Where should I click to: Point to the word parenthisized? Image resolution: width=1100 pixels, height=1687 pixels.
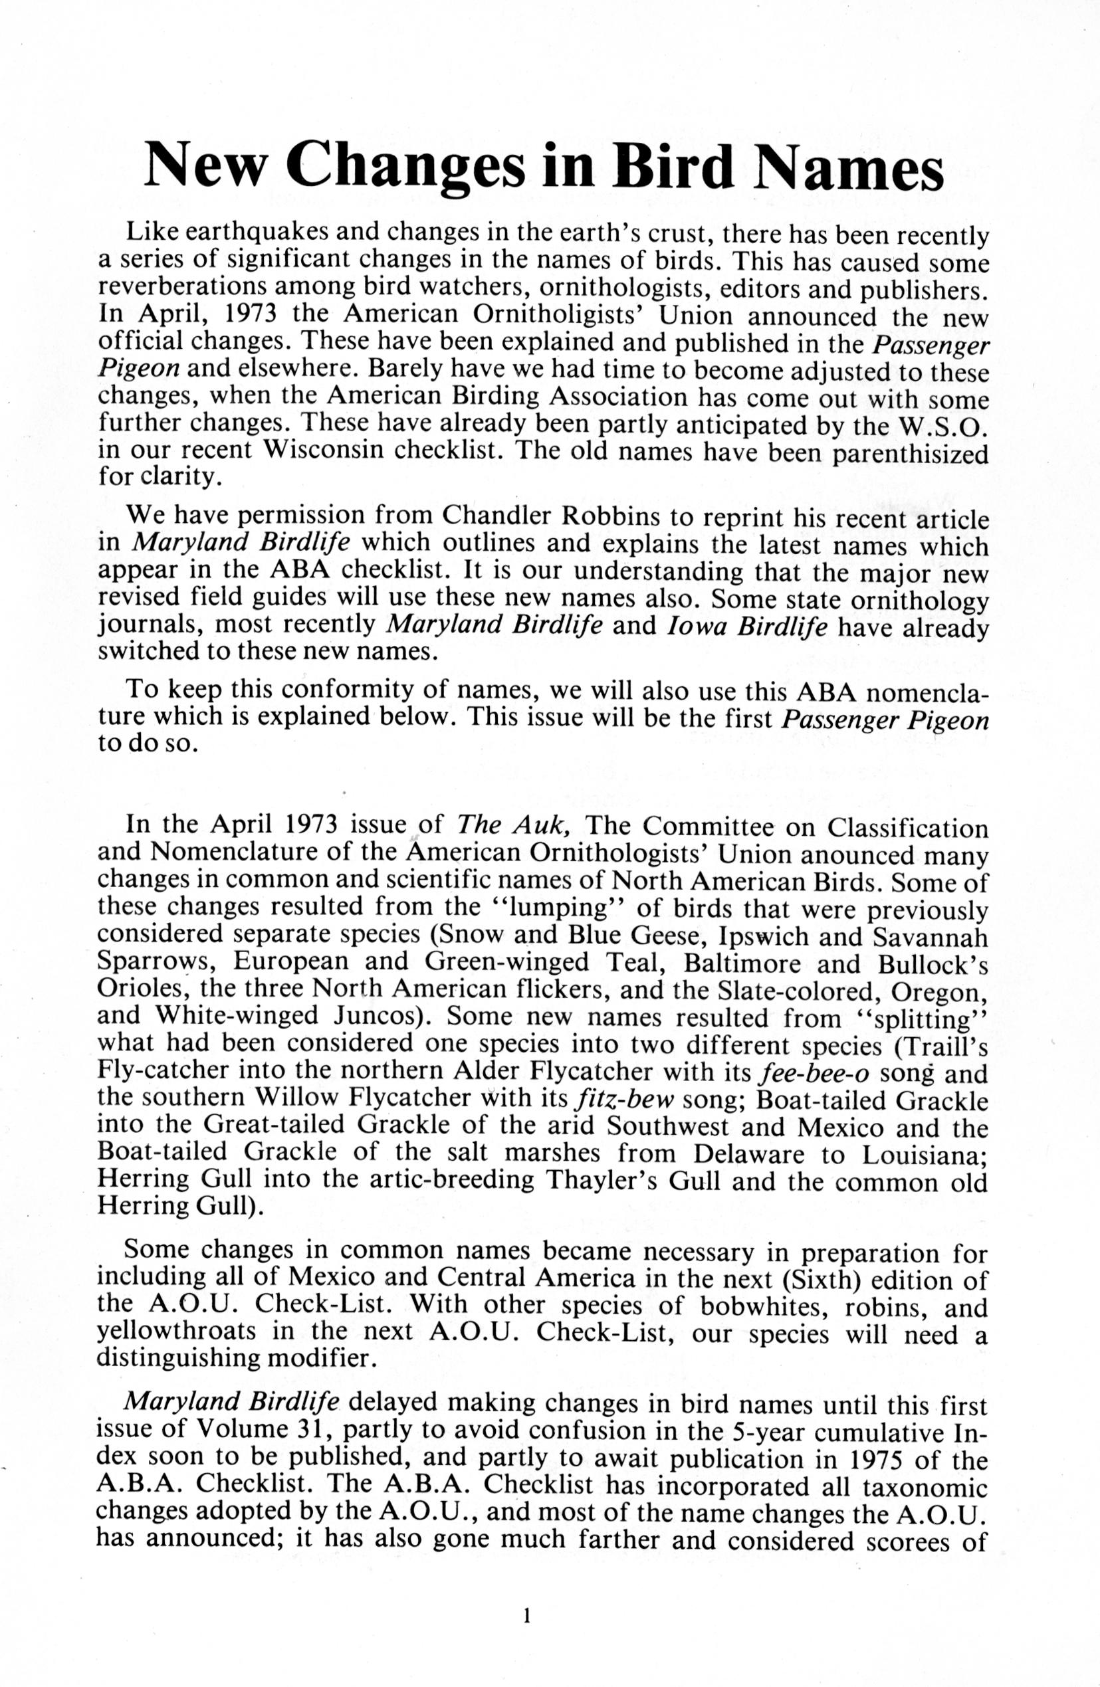tap(910, 454)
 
